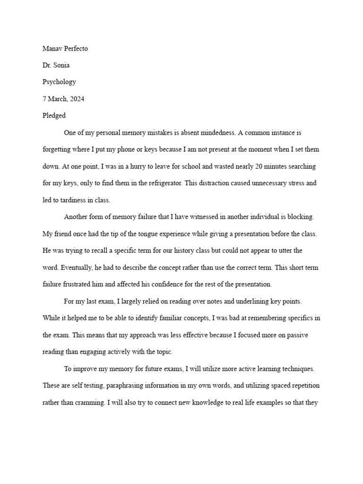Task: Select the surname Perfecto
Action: point(78,48)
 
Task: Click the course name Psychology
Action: point(59,82)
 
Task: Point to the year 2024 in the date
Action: point(77,99)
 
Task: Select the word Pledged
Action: point(54,115)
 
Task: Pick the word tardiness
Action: point(69,200)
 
